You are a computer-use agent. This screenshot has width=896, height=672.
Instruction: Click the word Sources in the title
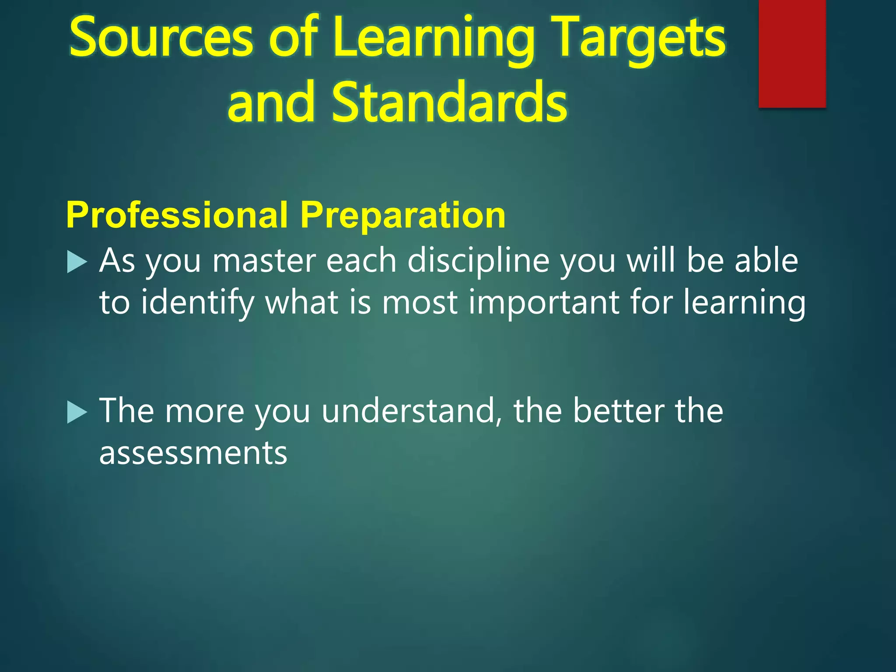click(161, 38)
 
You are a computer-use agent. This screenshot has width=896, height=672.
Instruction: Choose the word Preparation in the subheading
click(402, 215)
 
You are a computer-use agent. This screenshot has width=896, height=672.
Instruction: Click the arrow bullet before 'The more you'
click(77, 413)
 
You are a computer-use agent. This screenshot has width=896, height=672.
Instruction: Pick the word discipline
click(479, 261)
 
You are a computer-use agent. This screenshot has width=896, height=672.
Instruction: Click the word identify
click(197, 303)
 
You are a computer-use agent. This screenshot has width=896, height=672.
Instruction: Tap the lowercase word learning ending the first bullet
click(744, 303)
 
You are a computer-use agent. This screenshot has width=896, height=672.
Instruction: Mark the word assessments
click(193, 453)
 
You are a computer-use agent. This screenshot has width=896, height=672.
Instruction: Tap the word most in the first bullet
click(420, 303)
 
